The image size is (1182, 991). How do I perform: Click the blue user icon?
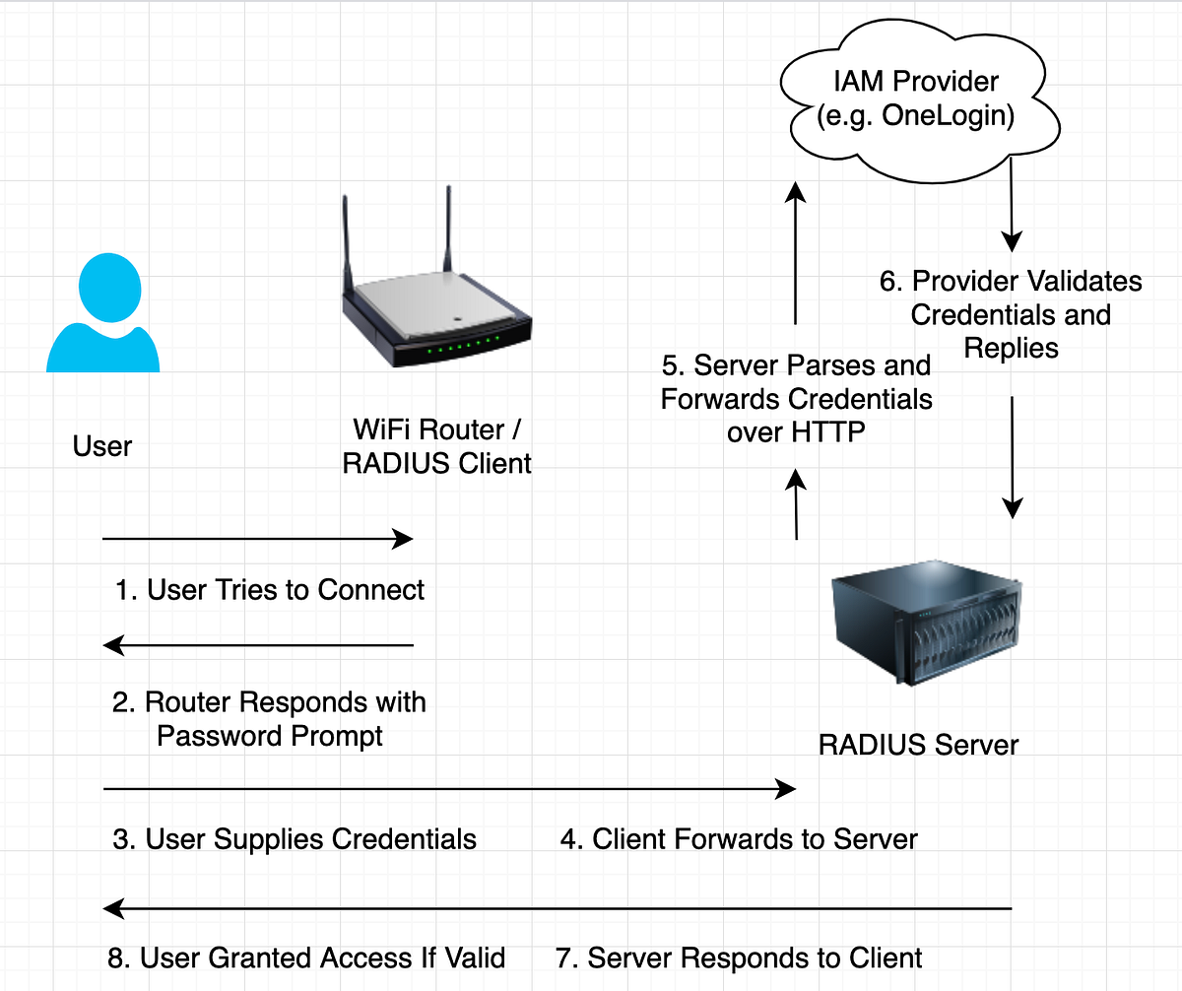(102, 313)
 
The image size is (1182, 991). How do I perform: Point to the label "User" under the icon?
(102, 446)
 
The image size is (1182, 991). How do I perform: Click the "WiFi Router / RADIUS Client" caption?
(436, 446)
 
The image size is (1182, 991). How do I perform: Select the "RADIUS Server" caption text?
(918, 744)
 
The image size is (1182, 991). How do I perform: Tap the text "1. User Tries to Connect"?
(269, 590)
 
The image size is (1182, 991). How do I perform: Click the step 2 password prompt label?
(269, 719)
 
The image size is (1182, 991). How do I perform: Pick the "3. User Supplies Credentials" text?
(295, 839)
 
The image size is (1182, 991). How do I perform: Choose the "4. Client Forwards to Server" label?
(740, 839)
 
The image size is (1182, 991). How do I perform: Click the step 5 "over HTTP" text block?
(796, 399)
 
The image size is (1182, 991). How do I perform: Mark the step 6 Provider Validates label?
(1011, 314)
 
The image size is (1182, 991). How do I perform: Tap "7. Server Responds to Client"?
(740, 958)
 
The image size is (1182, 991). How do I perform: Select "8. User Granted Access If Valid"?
(305, 958)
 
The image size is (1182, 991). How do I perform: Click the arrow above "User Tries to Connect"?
(257, 539)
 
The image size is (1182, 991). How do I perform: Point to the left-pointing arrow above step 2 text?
(257, 646)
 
